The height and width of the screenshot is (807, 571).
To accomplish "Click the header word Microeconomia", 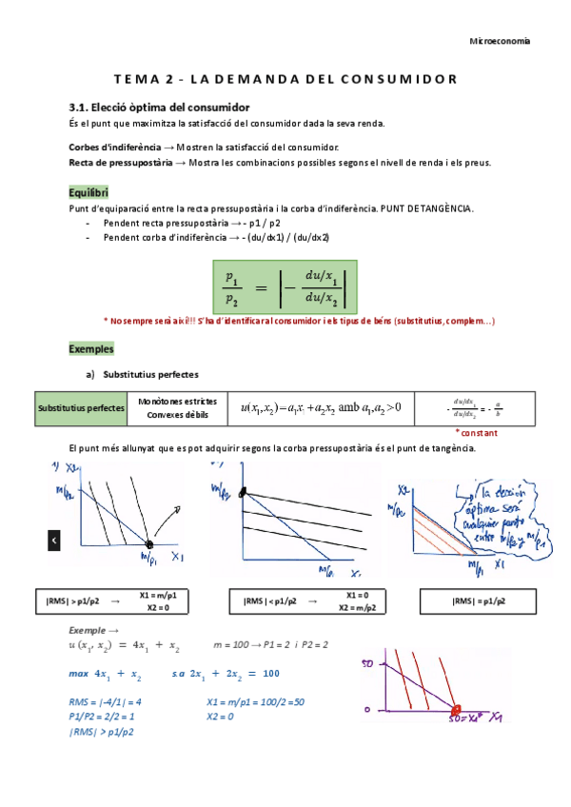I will pos(502,41).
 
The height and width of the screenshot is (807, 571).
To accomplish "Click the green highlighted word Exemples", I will pos(91,348).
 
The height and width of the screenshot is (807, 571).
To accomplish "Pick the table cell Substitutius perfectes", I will pos(81,408).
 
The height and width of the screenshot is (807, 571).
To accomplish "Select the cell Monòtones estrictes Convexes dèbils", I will pos(176,407).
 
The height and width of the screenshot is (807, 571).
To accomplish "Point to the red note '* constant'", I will pos(502,432).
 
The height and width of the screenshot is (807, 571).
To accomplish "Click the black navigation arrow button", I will pos(54,540).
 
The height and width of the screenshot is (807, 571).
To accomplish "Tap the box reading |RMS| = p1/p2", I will pos(481,601).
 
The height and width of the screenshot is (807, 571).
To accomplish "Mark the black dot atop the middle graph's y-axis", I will pos(243,492).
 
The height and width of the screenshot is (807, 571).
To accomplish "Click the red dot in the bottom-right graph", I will pos(456,710).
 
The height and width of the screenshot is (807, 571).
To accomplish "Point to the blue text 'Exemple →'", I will pos(94,631).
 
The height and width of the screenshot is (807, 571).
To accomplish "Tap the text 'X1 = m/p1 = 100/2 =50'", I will pos(254,702).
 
